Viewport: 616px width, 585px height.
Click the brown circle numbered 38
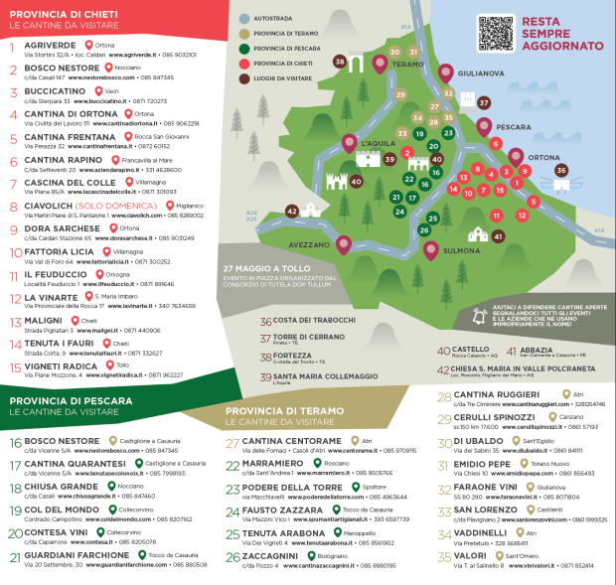coord(341,62)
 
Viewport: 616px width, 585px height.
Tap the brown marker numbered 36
coord(561,171)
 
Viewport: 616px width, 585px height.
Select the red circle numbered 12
coord(522,215)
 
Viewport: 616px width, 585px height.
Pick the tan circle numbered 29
coord(401,95)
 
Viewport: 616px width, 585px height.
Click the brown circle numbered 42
coord(292,211)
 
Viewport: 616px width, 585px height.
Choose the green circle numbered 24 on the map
coord(399,211)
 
